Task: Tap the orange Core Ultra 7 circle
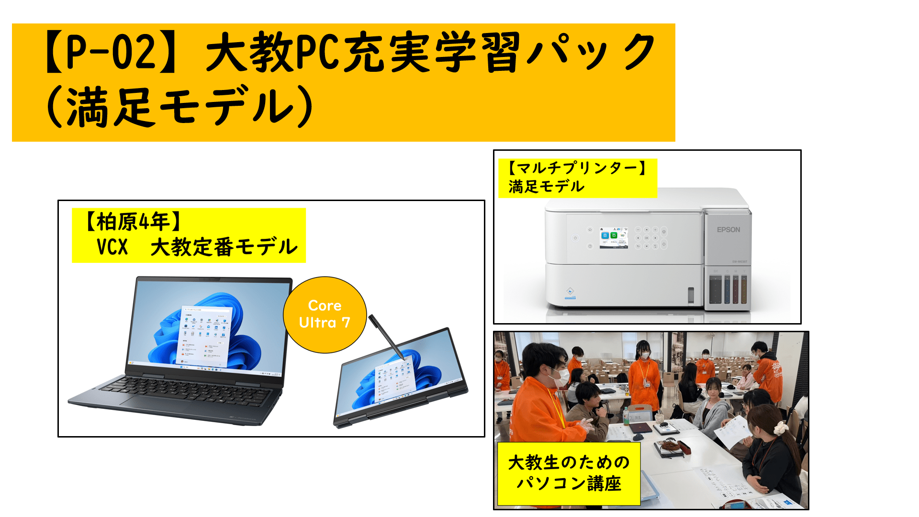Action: coord(325,315)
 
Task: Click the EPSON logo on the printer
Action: coord(728,230)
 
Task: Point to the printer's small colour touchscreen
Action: coord(614,238)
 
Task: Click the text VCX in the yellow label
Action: coord(112,247)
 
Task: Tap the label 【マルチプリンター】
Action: coord(577,168)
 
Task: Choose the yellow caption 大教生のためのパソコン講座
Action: coord(569,473)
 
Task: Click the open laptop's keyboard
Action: coord(187,389)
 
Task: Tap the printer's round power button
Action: coord(575,238)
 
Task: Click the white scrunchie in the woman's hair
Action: coord(781,427)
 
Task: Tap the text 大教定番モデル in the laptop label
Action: coord(224,247)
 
